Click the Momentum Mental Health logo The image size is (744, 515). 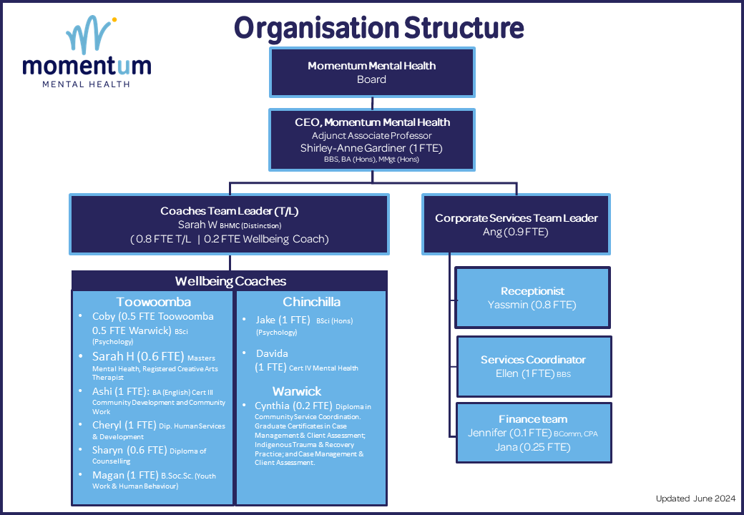[87, 54]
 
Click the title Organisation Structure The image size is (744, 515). [378, 28]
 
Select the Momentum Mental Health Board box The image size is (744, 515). [371, 72]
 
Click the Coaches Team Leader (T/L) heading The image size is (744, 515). [228, 211]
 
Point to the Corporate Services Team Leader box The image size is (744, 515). [516, 225]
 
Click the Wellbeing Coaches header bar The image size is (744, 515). [230, 281]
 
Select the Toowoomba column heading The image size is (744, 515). [153, 302]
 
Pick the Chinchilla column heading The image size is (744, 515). [311, 302]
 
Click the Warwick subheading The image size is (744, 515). [296, 391]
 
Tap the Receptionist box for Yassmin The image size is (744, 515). [532, 298]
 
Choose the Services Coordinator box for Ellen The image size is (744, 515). [532, 366]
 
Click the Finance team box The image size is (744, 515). [532, 432]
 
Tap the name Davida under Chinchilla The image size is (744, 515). [272, 353]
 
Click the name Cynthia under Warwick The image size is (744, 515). [275, 406]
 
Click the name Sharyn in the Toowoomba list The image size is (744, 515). [109, 450]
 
